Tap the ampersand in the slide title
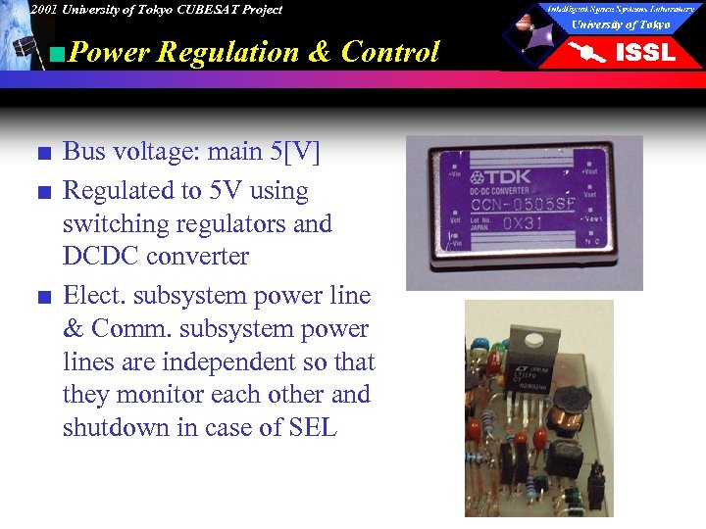pos(320,52)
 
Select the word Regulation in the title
pos(227,52)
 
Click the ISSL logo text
pos(645,52)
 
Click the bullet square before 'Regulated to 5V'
pos(38,192)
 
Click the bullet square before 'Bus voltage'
pos(38,152)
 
